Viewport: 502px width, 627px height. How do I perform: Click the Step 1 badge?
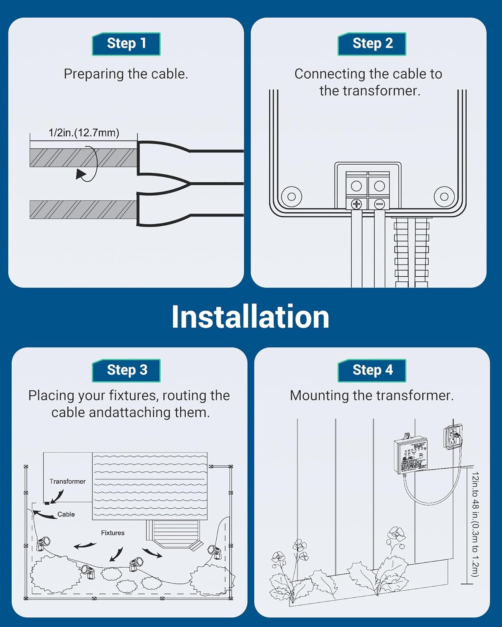click(126, 44)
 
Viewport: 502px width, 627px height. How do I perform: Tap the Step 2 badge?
click(372, 44)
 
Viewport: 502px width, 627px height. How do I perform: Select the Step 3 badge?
click(126, 370)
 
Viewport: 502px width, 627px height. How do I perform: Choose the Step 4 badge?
click(372, 370)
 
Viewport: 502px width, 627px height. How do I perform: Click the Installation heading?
click(250, 317)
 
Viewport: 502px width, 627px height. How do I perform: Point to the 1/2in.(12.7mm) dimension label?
click(84, 133)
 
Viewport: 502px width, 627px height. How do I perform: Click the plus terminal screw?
click(356, 204)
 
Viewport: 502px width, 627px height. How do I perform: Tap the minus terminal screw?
click(379, 204)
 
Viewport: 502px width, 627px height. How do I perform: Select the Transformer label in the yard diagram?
click(67, 482)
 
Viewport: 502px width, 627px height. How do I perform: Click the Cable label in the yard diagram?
click(66, 515)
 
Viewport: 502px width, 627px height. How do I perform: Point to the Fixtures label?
click(113, 533)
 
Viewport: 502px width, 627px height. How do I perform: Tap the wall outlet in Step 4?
click(453, 437)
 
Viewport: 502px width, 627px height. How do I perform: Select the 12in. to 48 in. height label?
click(475, 525)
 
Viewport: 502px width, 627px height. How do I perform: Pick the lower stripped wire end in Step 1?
click(83, 209)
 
